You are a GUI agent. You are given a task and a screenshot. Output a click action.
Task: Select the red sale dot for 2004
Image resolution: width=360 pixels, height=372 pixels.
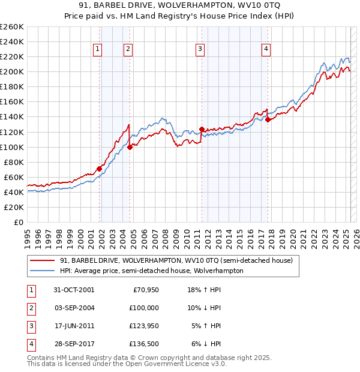coord(130,146)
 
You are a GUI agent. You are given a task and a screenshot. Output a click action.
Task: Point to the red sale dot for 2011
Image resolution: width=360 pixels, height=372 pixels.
coord(202,128)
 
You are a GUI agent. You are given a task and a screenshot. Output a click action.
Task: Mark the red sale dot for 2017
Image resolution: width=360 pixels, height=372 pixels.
coord(268,119)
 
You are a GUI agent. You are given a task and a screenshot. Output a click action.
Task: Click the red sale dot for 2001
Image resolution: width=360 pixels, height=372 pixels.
coord(100,169)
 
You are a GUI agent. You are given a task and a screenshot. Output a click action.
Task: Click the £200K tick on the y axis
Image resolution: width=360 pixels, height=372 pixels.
coord(12,72)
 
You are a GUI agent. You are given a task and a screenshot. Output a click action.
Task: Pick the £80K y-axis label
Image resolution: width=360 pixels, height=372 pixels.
coord(14,162)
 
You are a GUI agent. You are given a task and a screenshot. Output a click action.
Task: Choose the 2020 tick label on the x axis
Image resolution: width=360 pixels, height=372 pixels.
coord(293,235)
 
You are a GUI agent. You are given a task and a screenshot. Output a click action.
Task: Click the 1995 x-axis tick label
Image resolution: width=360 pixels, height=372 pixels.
coord(28,235)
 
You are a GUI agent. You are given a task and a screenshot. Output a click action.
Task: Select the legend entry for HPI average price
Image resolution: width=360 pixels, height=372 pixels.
coord(151,271)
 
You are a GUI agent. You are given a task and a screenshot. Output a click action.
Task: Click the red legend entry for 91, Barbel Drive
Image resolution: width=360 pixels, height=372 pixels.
coord(176,260)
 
